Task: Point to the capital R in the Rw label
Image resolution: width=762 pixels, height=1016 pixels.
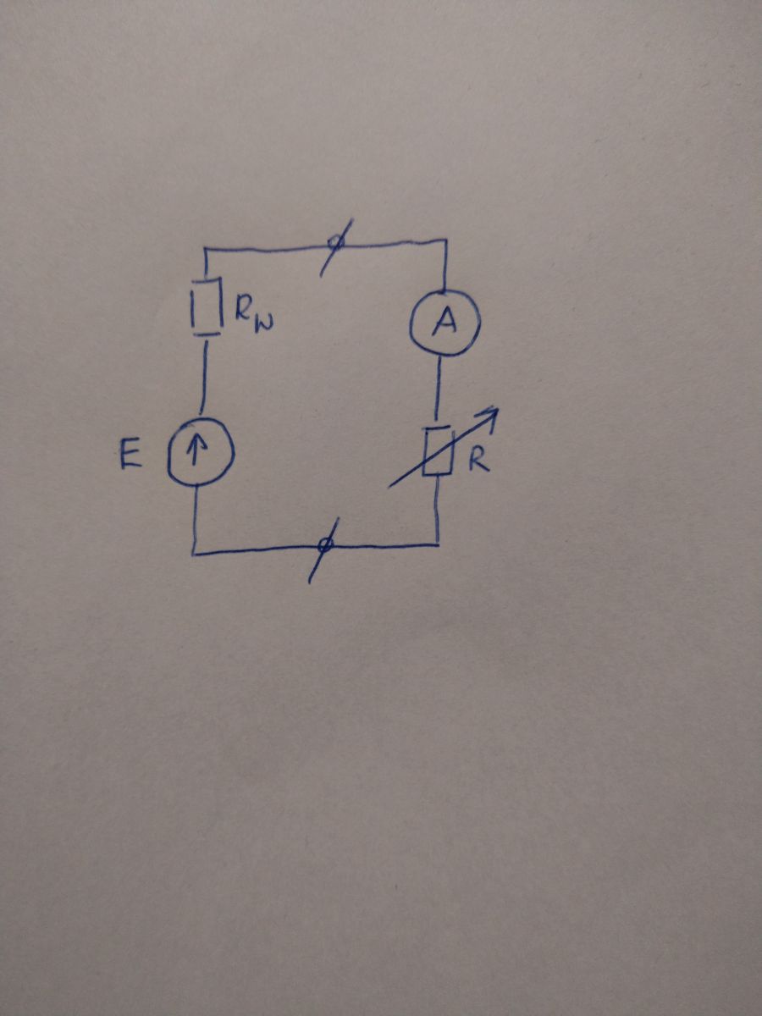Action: (x=243, y=306)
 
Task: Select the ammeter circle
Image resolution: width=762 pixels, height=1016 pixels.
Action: (x=411, y=322)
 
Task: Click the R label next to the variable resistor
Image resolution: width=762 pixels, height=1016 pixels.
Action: (x=478, y=461)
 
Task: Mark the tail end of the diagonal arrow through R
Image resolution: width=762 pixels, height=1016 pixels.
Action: (x=389, y=487)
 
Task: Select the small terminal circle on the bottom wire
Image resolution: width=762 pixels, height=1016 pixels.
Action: (x=325, y=546)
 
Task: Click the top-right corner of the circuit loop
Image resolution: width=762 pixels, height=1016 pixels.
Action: (x=445, y=240)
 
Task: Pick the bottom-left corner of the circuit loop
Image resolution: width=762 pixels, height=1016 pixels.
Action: (x=195, y=553)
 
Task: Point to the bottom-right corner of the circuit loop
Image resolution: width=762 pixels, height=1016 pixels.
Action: (x=438, y=544)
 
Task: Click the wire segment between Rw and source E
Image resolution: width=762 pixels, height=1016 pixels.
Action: (x=203, y=378)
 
